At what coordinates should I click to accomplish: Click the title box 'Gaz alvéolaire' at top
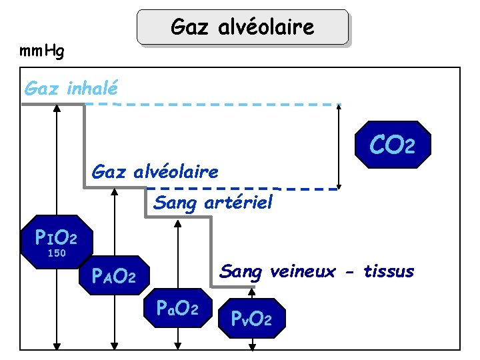click(243, 27)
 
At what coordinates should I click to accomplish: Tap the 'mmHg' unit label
click(42, 51)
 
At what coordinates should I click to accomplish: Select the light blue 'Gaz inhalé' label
click(71, 87)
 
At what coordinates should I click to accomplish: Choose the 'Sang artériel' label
click(213, 202)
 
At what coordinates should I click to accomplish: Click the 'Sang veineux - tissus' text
click(317, 271)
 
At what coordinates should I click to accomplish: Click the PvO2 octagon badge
click(251, 319)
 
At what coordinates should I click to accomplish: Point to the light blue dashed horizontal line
click(227, 105)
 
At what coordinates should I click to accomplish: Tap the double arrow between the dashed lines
click(340, 147)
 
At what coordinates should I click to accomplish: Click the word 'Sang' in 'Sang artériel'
click(173, 202)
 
